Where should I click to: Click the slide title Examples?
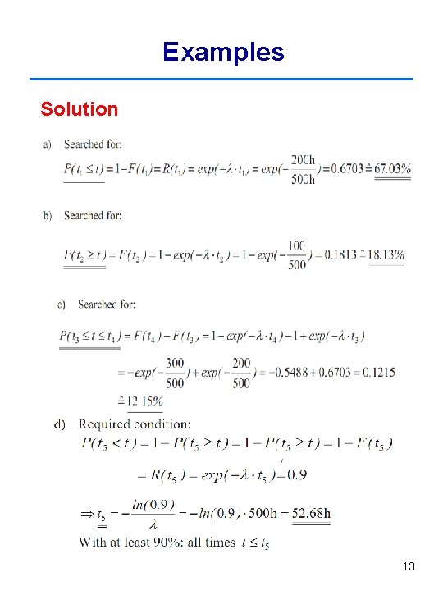[223, 53]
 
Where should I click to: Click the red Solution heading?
[80, 109]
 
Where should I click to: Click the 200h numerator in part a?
[303, 160]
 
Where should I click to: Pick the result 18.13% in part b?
[386, 254]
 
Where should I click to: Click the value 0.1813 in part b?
[336, 254]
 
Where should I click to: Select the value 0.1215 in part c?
[377, 373]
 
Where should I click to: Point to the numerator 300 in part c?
[174, 363]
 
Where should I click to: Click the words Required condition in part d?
[135, 424]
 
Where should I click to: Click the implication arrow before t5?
[86, 514]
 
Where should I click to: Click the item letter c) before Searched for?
[62, 305]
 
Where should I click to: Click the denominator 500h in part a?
[303, 179]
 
